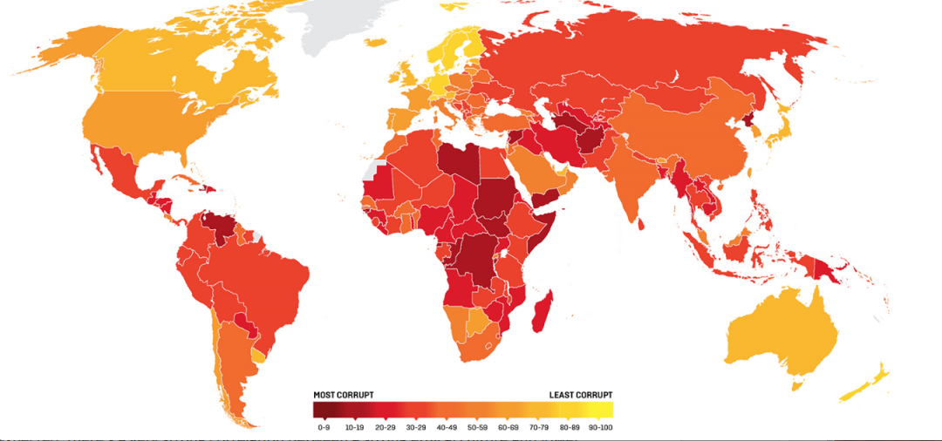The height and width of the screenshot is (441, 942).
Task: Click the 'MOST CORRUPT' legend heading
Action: (344, 395)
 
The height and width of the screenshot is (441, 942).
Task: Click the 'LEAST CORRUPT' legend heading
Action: (581, 395)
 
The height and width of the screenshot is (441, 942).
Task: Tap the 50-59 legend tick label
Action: (477, 428)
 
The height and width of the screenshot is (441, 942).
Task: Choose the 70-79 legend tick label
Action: (537, 428)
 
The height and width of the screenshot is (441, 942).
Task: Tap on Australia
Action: (781, 332)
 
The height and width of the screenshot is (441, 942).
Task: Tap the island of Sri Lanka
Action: (642, 223)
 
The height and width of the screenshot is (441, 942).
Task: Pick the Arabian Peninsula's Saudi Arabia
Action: (532, 170)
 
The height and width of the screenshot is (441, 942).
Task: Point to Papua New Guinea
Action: (825, 266)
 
